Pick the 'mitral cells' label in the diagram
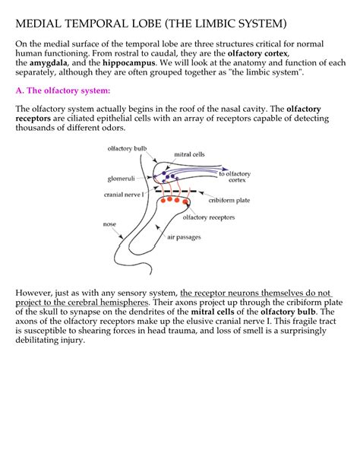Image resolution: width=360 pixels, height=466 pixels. (x=189, y=154)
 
